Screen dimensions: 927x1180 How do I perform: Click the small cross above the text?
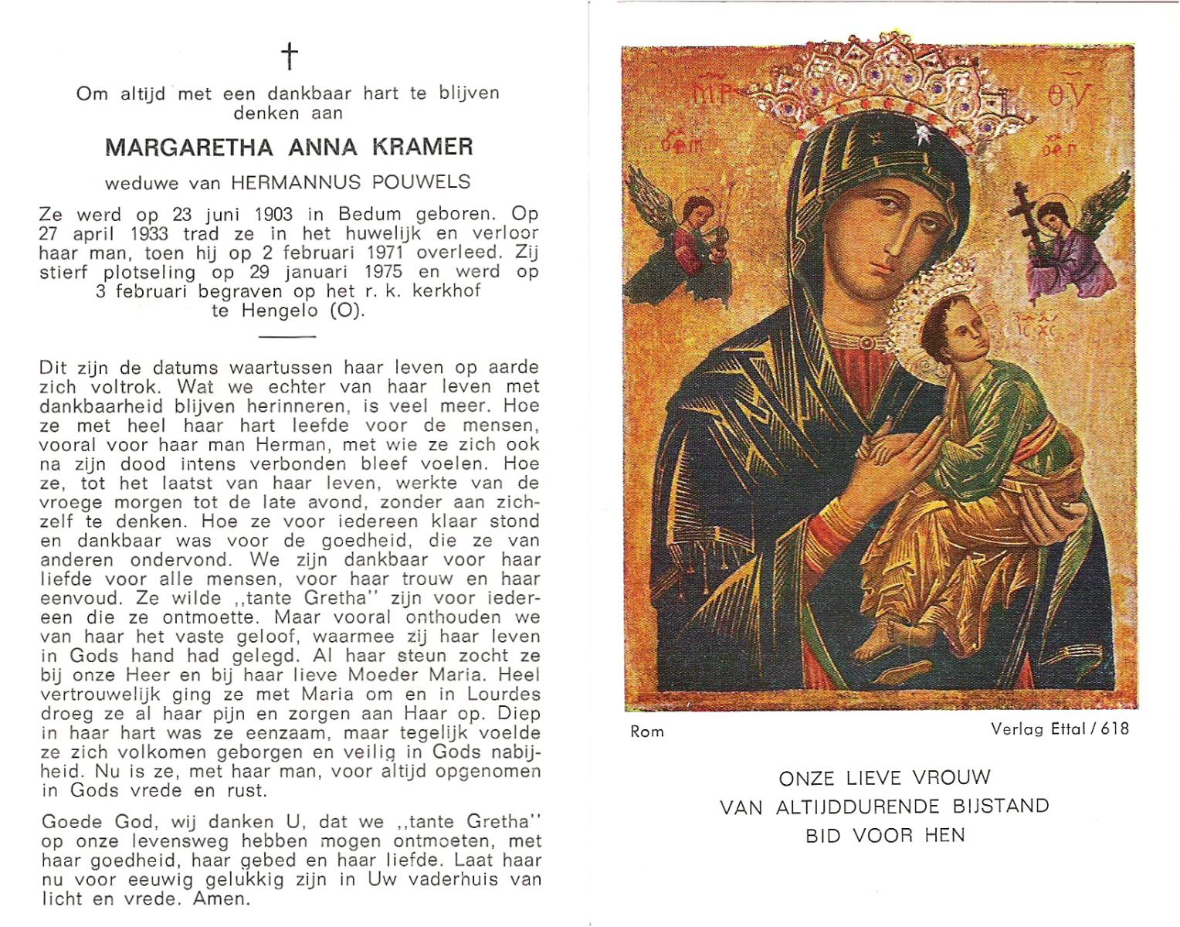click(289, 56)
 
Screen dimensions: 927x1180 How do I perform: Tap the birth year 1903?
click(270, 214)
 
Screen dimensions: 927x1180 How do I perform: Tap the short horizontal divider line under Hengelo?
click(287, 337)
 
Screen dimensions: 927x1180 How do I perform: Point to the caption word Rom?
click(646, 732)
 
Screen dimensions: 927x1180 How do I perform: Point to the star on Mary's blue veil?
click(921, 136)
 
